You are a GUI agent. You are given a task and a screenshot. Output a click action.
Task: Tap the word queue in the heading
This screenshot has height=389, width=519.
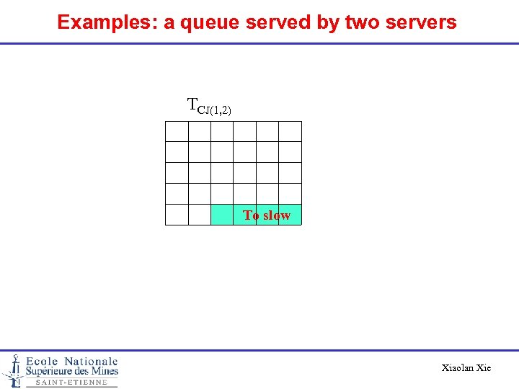[209, 22]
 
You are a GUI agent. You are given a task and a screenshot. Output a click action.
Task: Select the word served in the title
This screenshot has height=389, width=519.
[278, 22]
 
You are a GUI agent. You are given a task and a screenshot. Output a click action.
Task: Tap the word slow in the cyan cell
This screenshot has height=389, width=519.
[277, 215]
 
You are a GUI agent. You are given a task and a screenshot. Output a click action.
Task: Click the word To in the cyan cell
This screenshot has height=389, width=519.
[251, 215]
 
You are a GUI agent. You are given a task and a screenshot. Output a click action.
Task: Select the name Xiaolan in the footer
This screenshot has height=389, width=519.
[458, 368]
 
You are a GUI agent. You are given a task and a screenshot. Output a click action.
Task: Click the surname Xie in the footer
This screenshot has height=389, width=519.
[484, 368]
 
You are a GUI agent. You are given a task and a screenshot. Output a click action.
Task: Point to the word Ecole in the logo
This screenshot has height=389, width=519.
[43, 361]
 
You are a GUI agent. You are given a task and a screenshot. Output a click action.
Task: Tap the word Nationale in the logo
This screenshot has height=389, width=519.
[91, 361]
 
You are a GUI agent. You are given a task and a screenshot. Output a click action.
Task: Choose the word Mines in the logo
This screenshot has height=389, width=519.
[102, 372]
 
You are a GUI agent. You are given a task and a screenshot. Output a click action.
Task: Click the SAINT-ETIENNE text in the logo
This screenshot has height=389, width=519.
[71, 383]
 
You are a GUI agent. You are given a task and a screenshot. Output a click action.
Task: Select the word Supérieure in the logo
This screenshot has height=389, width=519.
[49, 372]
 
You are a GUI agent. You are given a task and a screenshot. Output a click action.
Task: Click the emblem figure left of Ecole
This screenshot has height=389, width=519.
[13, 370]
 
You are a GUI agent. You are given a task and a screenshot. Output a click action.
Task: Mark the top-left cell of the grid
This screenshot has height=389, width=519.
[177, 132]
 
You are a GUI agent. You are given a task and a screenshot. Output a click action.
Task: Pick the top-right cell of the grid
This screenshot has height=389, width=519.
[290, 132]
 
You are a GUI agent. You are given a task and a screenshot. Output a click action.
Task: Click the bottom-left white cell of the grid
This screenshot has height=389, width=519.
[177, 215]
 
